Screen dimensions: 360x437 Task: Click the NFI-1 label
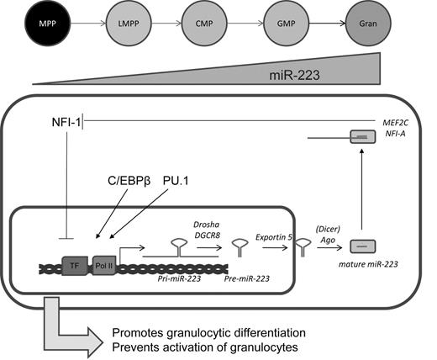tap(65, 124)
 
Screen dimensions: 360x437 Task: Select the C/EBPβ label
tap(124, 180)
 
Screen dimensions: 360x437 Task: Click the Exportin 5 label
tap(274, 238)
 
